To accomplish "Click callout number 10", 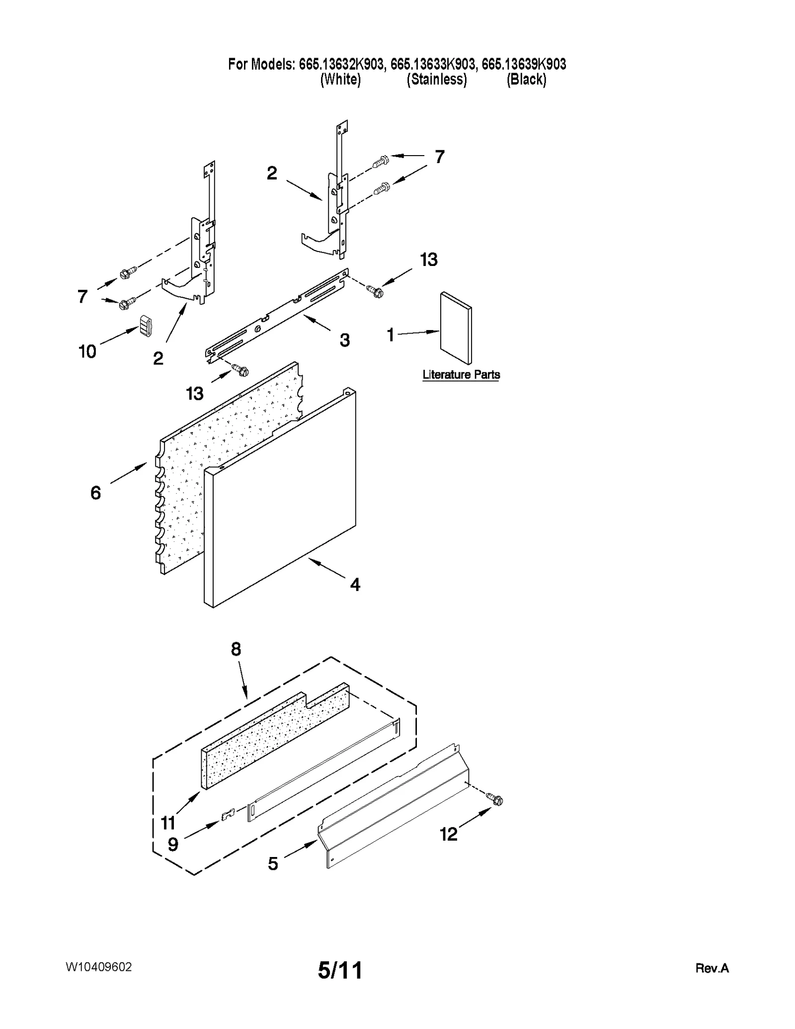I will (x=87, y=351).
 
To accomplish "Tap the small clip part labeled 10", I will (x=145, y=326).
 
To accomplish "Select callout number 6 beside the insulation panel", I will (x=95, y=493).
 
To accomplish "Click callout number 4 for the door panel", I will (x=355, y=585).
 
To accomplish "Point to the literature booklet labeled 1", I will (x=456, y=328).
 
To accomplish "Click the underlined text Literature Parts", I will (x=461, y=374).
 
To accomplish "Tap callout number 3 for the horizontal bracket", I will (x=344, y=341).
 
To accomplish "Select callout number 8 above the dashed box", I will (x=236, y=649).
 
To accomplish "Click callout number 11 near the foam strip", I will (x=168, y=823).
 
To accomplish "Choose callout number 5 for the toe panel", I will (x=273, y=864).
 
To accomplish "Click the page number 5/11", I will (x=340, y=970).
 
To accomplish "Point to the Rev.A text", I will (x=712, y=968).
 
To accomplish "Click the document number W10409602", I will (x=98, y=967).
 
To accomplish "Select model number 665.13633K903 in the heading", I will (x=432, y=64).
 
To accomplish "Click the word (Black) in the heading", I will (x=526, y=80).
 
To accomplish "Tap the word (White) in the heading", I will (x=340, y=80).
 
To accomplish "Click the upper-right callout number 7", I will (x=439, y=157).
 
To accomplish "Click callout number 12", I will (x=449, y=834).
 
